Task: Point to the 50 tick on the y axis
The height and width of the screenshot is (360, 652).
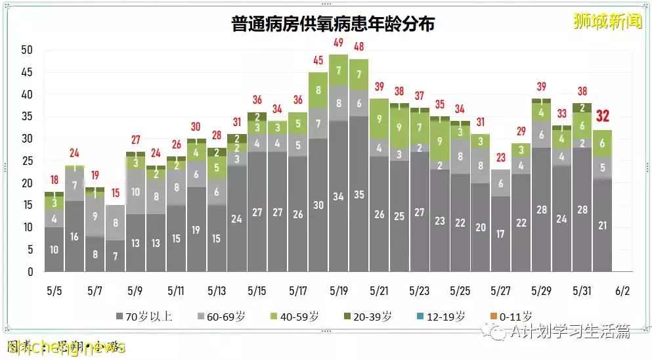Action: [27, 50]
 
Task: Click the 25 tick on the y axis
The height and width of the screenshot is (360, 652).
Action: [27, 161]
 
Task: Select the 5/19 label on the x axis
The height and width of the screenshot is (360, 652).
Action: [339, 290]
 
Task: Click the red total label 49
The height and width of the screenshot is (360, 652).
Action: [339, 43]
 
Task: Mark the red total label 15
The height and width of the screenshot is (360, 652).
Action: [115, 193]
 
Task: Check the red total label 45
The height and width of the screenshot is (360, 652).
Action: [318, 60]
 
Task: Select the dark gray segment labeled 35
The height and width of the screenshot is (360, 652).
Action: [359, 194]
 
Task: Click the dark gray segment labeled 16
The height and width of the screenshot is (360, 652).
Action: [74, 236]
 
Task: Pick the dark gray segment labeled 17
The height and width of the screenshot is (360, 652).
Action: [500, 234]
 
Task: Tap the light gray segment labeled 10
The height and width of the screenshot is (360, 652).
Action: [135, 192]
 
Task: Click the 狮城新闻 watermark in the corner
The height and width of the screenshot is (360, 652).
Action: [607, 21]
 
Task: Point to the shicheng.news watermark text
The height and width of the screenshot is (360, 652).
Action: [66, 347]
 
